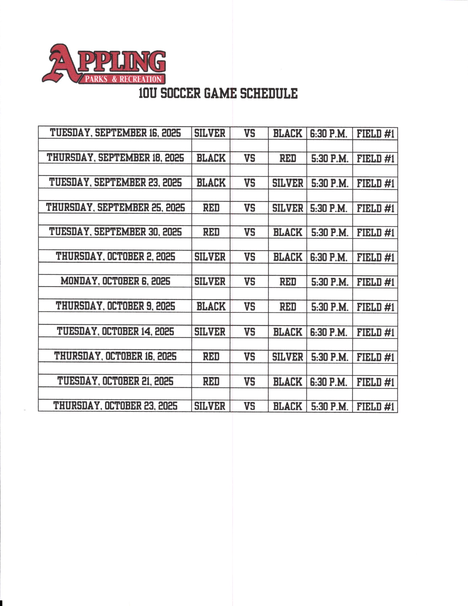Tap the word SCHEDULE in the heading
tap(269, 93)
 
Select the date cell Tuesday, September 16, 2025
tap(115, 133)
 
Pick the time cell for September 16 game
tap(328, 134)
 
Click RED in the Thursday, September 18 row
tap(287, 158)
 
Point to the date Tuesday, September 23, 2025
tap(115, 183)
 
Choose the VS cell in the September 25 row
tap(249, 208)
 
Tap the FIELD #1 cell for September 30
tap(375, 232)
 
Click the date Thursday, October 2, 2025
tap(115, 257)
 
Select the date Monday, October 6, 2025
tap(115, 281)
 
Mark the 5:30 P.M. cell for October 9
tap(329, 307)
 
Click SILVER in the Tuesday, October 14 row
tap(210, 332)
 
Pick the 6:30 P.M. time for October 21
tap(328, 382)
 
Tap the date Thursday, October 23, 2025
tap(115, 406)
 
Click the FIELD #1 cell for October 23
tap(375, 407)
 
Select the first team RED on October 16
tap(211, 357)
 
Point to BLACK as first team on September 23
tap(211, 183)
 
